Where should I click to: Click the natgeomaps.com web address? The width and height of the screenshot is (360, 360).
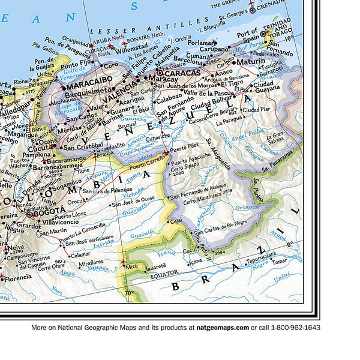point(220,328)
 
